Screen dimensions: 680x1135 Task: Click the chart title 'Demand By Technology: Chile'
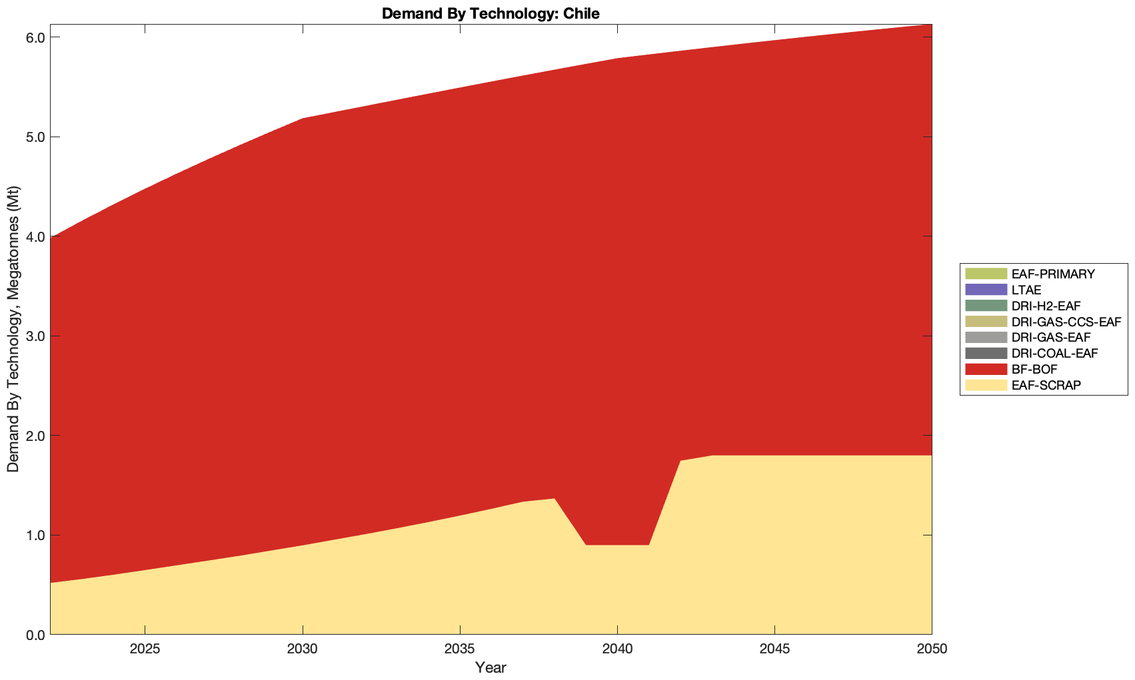pos(491,13)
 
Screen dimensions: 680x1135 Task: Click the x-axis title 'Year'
pos(491,667)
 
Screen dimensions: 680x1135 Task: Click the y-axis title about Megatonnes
pos(13,329)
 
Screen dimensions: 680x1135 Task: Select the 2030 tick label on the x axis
pos(303,649)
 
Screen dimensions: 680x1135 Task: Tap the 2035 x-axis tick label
pos(460,649)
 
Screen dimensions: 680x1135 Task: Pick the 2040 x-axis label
pos(617,649)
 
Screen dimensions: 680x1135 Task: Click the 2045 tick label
pos(774,649)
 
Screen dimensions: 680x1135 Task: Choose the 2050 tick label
pos(932,649)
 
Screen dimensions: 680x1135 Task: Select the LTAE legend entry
pos(1026,290)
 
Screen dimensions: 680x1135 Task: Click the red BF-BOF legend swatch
pos(985,369)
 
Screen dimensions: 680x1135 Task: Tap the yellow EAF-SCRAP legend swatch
pos(985,385)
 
